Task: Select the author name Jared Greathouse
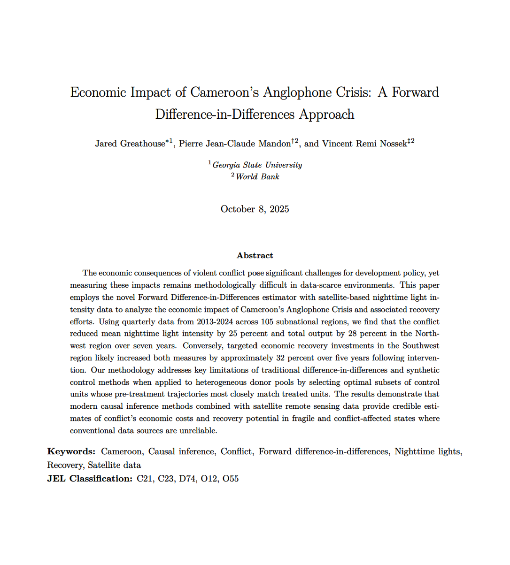coord(130,144)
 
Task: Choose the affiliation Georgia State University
coord(257,165)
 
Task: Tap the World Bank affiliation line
coord(257,177)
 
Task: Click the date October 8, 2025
coord(255,209)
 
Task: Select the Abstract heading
coord(255,256)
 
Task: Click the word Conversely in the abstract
coord(204,346)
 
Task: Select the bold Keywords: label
coord(71,452)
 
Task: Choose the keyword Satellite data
coord(114,466)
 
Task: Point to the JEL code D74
coord(187,479)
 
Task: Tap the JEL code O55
coord(231,479)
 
